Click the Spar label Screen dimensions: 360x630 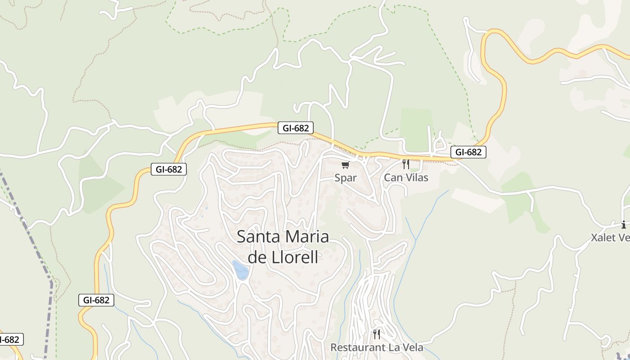point(346,178)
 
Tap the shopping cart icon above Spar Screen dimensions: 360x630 point(345,165)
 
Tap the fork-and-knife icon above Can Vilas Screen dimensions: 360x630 point(405,164)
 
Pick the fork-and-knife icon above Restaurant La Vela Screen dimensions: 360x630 point(377,334)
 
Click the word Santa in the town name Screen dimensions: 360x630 point(255,237)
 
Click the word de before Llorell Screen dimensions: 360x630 point(257,257)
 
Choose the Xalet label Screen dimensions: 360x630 point(603,237)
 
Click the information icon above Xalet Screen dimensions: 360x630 point(623,225)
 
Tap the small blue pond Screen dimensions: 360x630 point(241,270)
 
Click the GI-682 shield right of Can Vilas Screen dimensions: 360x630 point(468,152)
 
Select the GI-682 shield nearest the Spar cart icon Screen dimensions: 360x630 point(295,128)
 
